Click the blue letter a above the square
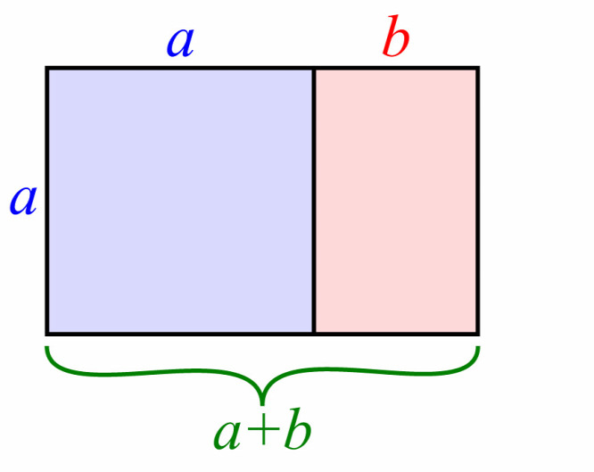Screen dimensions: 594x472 [x=181, y=43]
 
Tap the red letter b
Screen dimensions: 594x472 [x=395, y=36]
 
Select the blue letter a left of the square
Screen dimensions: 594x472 [x=23, y=201]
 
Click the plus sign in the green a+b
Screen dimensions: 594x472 [x=262, y=430]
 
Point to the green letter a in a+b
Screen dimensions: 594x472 [x=227, y=435]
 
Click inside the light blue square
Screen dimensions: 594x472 [x=180, y=201]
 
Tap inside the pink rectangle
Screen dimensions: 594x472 [x=396, y=201]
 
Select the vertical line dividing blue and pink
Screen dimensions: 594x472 [x=314, y=201]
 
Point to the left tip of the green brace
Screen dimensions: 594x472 [x=46, y=347]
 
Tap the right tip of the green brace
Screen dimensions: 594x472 [x=479, y=347]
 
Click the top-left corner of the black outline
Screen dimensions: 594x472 [x=45, y=67]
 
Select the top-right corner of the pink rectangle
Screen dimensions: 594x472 [x=479, y=67]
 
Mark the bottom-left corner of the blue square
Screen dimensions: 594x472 [x=45, y=335]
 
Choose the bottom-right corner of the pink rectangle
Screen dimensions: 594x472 [x=479, y=335]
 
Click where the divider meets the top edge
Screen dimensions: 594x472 [x=314, y=68]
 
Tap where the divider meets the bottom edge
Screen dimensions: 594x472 [x=314, y=334]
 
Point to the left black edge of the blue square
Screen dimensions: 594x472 [x=46, y=201]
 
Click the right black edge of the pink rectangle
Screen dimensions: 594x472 [x=478, y=201]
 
